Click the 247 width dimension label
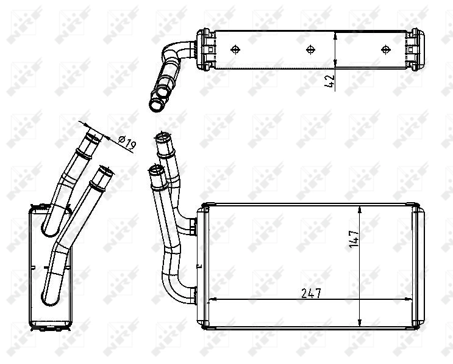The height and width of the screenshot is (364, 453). (x=311, y=293)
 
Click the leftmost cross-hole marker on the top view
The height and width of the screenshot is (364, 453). (x=237, y=49)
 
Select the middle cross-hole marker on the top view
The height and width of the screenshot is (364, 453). (x=310, y=49)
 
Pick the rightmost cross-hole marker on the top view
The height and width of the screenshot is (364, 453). (x=385, y=49)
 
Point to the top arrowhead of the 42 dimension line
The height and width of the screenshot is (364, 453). (x=336, y=35)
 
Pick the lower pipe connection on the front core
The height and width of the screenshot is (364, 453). (x=191, y=295)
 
